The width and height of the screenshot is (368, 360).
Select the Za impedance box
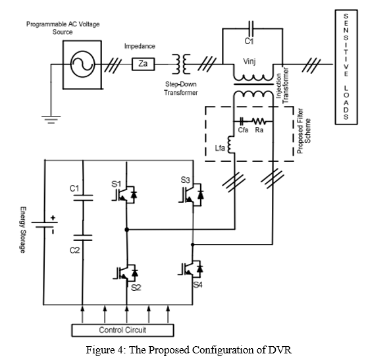(x=143, y=64)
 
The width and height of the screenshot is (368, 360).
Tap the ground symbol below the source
(x=51, y=120)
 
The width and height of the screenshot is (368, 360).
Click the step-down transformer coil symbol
(x=181, y=64)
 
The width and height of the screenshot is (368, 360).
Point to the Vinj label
(x=250, y=61)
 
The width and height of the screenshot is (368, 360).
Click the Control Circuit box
(x=122, y=330)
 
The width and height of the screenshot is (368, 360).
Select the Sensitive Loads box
(x=346, y=67)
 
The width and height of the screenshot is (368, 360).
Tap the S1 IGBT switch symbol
(x=124, y=194)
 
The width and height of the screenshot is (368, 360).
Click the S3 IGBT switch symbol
(x=191, y=194)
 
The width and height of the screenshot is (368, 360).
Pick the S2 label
(x=136, y=288)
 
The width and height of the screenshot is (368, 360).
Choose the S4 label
(x=197, y=285)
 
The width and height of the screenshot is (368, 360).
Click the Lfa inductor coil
(x=231, y=144)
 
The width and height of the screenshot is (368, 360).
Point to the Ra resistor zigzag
(x=259, y=121)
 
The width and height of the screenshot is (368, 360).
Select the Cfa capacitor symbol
(x=242, y=121)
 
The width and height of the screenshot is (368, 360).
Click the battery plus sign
(x=53, y=218)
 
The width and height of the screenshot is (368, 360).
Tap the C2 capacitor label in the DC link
(x=74, y=250)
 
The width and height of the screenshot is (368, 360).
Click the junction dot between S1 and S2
(x=127, y=230)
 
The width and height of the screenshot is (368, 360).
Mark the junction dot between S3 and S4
(x=193, y=245)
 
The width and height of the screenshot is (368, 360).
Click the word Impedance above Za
(x=140, y=46)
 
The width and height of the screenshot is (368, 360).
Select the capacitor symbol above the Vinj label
(x=251, y=28)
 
